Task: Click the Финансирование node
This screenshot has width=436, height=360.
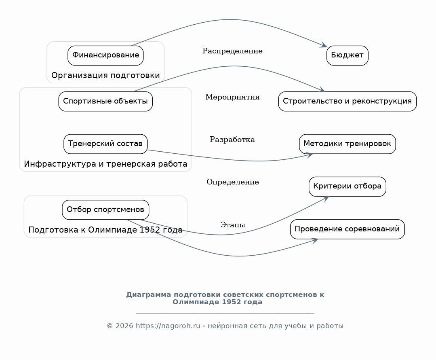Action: tap(105, 55)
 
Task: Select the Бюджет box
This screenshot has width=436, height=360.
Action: tap(347, 55)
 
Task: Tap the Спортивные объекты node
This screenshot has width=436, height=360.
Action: tap(105, 102)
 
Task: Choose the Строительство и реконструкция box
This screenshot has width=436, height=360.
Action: tap(347, 102)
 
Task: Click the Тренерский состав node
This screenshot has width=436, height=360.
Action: tap(105, 144)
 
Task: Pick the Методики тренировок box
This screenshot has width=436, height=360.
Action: tap(347, 144)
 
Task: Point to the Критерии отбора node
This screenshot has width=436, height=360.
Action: tap(347, 186)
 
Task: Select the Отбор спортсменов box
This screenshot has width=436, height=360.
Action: tap(105, 210)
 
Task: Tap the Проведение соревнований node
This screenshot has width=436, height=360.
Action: tap(347, 229)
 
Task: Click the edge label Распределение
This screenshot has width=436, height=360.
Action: tap(232, 51)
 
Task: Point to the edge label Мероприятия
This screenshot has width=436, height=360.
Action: tap(232, 97)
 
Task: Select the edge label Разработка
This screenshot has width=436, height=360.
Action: tap(232, 140)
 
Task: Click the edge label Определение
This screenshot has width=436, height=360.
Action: tap(233, 182)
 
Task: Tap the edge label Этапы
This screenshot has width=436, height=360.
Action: tap(233, 224)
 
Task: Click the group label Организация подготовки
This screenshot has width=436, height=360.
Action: tap(105, 76)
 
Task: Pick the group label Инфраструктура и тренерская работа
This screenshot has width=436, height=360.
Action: tap(105, 164)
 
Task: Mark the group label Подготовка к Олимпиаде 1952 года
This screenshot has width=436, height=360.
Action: tap(105, 230)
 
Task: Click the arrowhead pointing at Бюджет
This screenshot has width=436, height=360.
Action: tap(324, 45)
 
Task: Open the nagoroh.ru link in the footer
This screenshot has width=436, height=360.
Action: tap(168, 326)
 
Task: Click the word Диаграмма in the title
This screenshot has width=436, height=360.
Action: tap(148, 294)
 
